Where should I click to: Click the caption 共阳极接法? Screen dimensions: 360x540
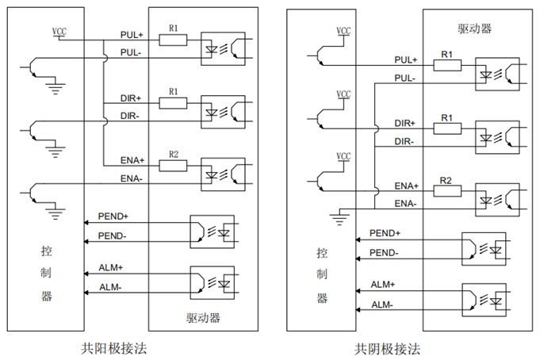[113, 347]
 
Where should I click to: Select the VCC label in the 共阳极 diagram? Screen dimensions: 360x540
[59, 31]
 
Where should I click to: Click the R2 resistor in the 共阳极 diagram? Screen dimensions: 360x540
[173, 165]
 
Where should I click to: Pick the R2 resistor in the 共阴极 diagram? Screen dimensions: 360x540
[446, 192]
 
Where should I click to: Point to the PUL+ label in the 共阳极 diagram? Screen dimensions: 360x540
[131, 36]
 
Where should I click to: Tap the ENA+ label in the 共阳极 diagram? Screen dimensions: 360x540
[132, 161]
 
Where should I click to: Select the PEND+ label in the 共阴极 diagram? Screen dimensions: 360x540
[385, 233]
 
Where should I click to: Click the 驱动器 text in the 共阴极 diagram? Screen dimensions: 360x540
[474, 29]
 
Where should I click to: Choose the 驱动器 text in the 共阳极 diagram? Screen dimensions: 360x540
[203, 318]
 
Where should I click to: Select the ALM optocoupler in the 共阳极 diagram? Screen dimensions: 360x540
[212, 281]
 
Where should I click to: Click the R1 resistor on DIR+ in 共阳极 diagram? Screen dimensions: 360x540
[173, 102]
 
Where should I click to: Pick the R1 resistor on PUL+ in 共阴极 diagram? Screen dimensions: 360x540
[446, 65]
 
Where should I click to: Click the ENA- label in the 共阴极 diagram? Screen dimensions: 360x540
[405, 204]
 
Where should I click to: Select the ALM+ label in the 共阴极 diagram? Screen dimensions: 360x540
[383, 283]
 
